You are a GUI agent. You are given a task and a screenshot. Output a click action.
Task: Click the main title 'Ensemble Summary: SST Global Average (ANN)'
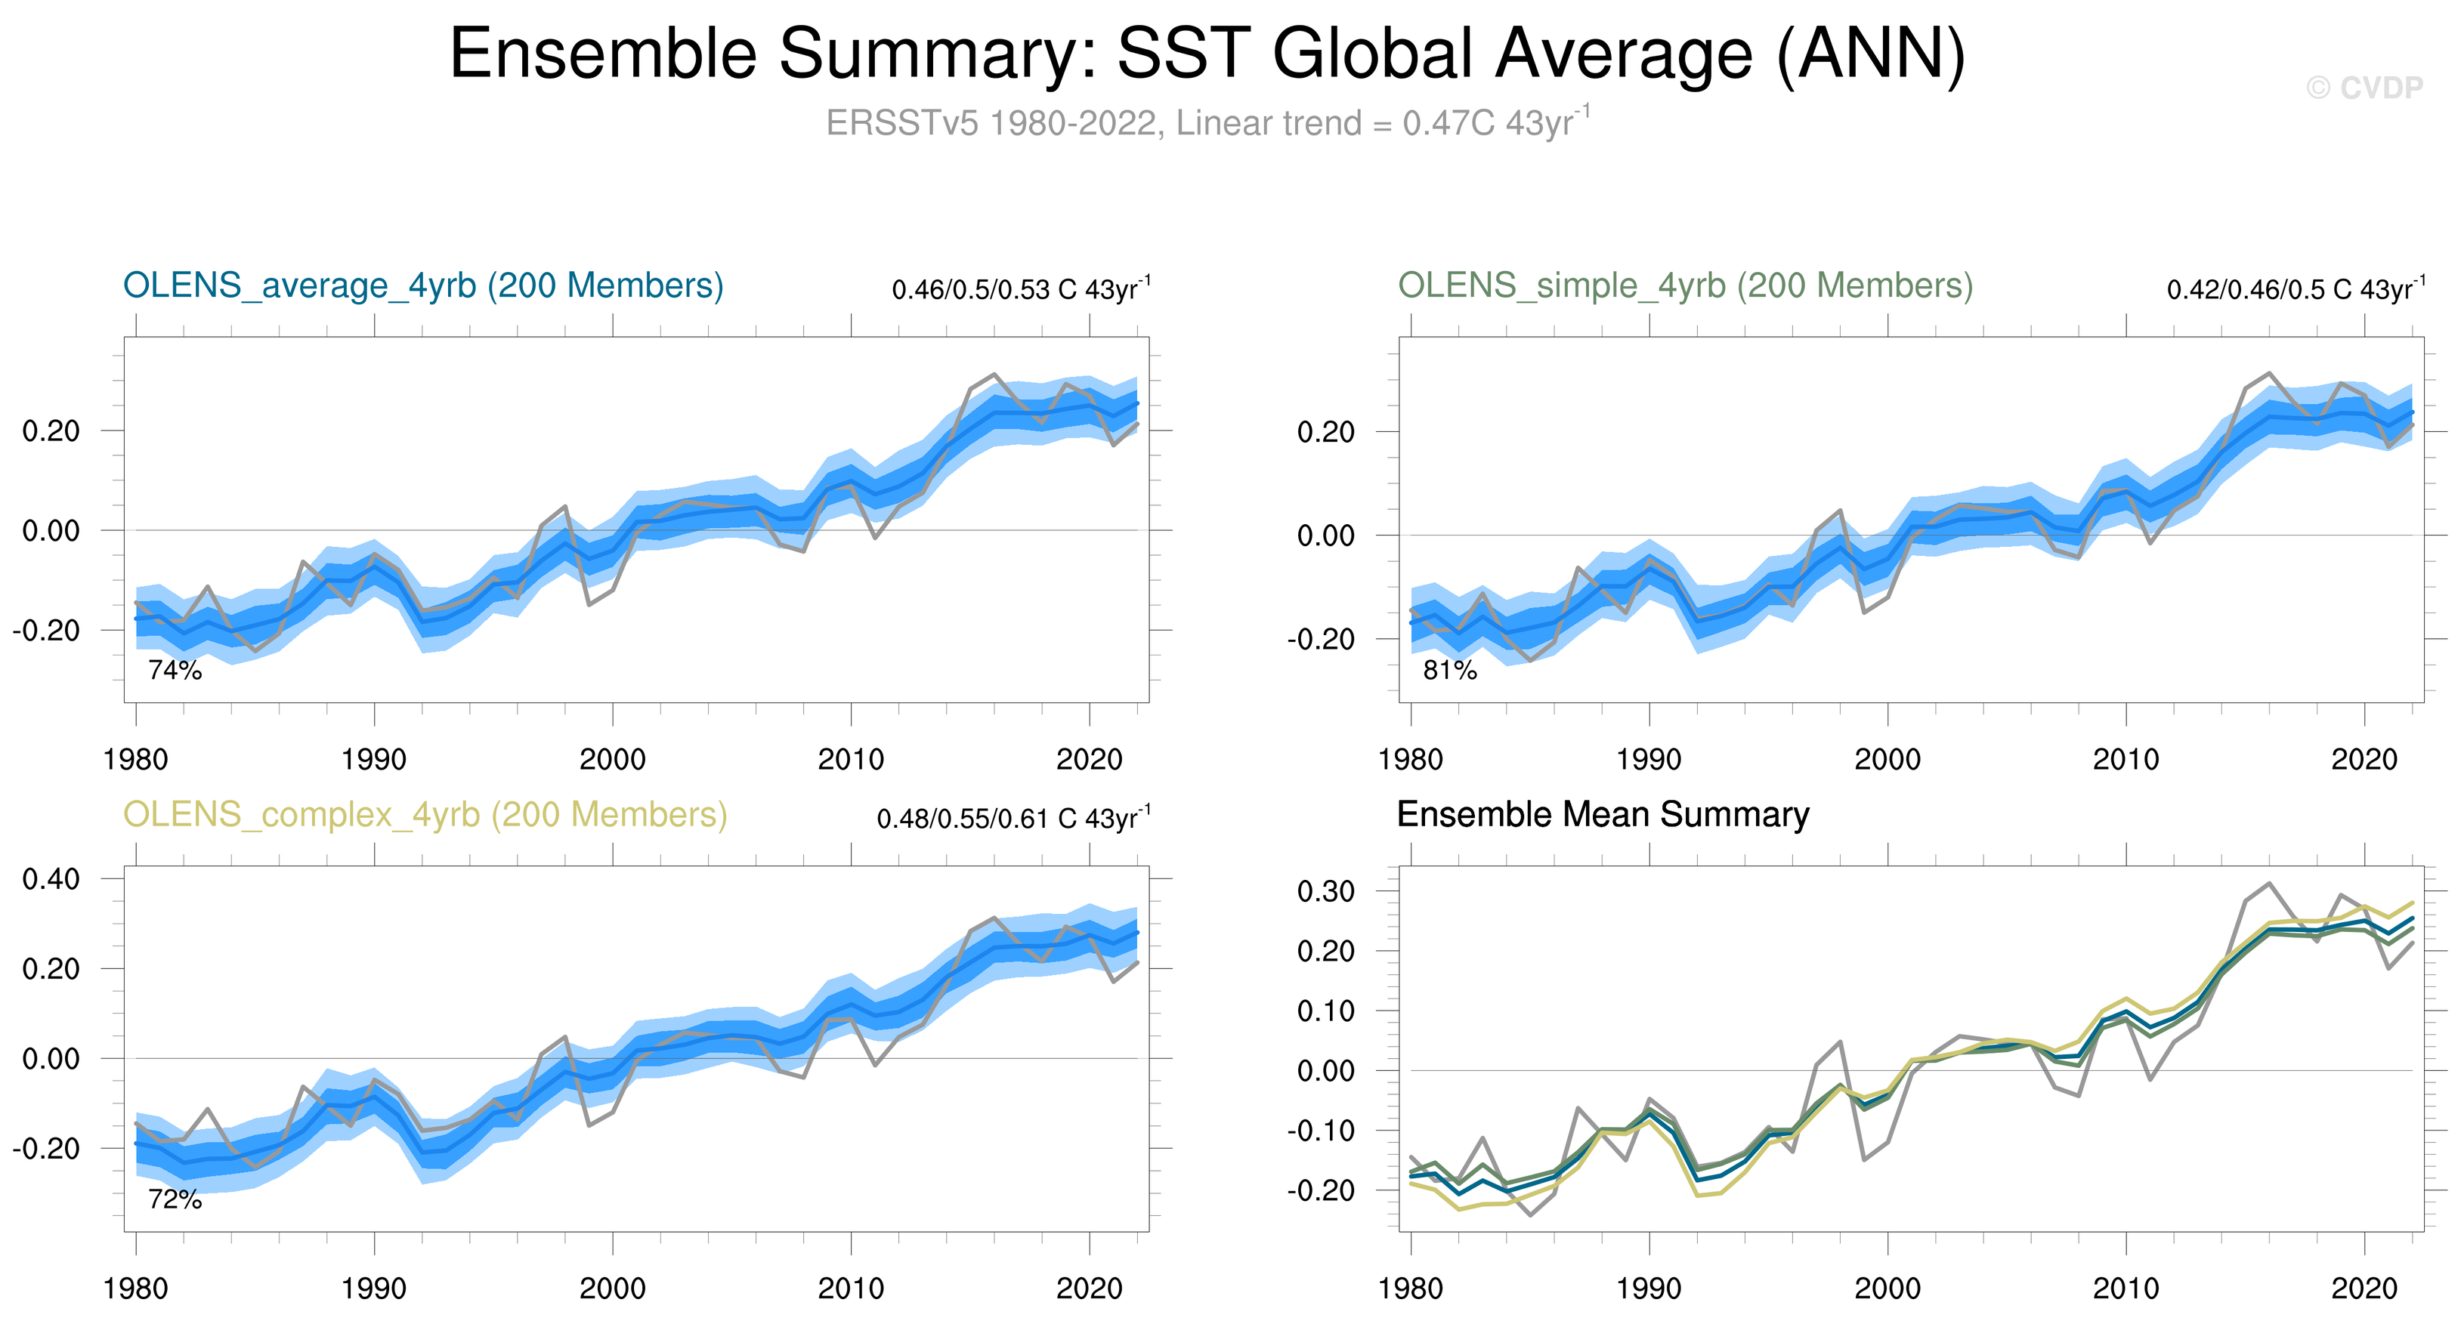point(1207,54)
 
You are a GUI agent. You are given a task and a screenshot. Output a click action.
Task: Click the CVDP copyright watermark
point(2364,88)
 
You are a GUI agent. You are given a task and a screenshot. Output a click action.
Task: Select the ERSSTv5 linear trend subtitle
point(1207,123)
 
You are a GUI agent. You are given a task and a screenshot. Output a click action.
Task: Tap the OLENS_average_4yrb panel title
point(423,285)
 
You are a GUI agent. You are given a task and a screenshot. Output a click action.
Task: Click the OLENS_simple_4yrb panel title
point(1685,285)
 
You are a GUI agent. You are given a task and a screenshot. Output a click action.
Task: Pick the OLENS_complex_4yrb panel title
point(425,815)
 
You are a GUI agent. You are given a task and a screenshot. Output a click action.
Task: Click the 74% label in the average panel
point(175,671)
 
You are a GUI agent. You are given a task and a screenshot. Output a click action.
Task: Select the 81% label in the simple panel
point(1449,671)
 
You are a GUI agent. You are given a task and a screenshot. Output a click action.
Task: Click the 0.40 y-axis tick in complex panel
point(51,879)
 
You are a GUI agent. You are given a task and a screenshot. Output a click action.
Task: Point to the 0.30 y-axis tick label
point(1325,891)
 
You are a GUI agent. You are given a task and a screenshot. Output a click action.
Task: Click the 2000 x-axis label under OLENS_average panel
point(612,761)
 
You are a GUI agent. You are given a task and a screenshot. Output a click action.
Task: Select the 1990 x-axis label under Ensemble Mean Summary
point(1648,1289)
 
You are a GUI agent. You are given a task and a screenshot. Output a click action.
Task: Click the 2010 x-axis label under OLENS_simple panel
point(2126,761)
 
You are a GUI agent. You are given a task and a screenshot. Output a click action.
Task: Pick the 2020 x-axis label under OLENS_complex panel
point(1089,1289)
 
